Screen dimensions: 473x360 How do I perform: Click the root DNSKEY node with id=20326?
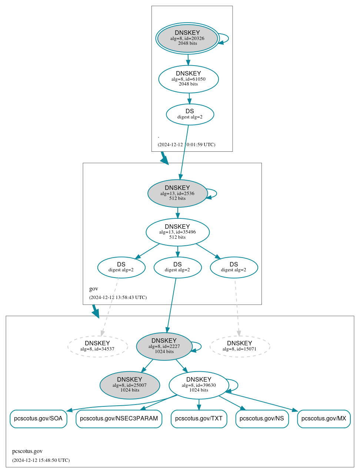tap(187, 38)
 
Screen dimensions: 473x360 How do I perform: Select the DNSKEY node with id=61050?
tap(188, 79)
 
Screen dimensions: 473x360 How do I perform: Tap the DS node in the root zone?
tap(190, 114)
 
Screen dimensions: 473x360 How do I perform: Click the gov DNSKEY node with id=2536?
tap(177, 193)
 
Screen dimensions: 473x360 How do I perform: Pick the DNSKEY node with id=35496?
tap(177, 232)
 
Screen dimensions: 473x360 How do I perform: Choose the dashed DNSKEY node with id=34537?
tap(97, 346)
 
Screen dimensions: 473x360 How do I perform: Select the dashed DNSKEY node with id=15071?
tap(239, 346)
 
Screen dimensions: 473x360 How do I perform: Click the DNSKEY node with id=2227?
tap(164, 346)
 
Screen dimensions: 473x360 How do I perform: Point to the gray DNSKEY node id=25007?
tap(130, 385)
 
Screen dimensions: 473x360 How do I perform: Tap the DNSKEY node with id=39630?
tap(199, 385)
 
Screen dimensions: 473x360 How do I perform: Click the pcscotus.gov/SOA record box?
tap(38, 419)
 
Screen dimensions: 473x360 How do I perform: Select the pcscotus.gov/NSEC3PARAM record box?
tap(119, 419)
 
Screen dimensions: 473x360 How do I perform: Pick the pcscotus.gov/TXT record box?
tap(199, 419)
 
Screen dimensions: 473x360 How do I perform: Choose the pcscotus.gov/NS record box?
tap(262, 419)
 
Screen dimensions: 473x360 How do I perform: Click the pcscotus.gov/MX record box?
tap(324, 419)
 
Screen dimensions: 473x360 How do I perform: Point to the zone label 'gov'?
tap(94, 289)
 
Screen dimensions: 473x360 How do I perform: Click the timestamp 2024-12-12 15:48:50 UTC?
tap(41, 460)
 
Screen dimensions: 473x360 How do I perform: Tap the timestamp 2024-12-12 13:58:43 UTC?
tap(118, 298)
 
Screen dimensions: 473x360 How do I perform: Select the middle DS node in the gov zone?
tap(177, 267)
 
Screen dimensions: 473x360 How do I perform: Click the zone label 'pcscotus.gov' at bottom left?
tap(27, 451)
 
